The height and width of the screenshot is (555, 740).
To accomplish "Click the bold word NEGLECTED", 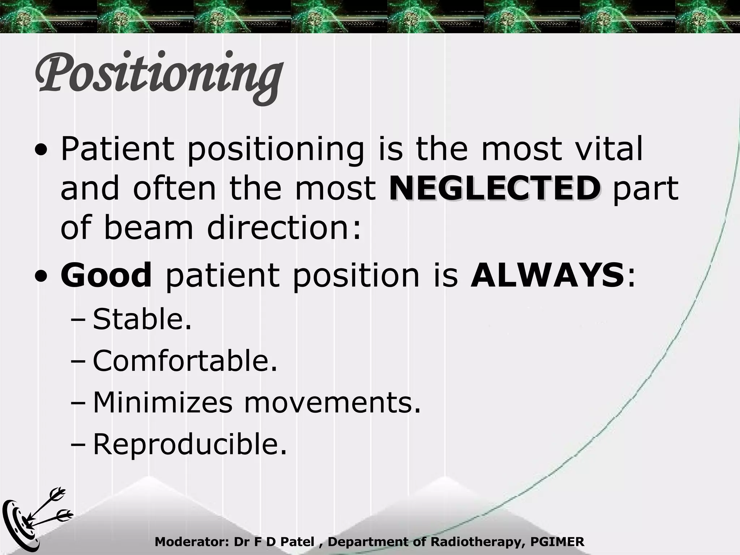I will pos(495,189).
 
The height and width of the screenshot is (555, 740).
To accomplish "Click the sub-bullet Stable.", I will pos(142,319).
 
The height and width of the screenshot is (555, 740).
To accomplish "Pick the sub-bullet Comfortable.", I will pos(185,361).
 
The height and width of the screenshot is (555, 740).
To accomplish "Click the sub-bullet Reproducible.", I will pos(190,444).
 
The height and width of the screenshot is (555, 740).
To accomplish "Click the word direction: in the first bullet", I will pos(284,228).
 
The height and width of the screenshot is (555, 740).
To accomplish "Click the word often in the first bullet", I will pos(175,189).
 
